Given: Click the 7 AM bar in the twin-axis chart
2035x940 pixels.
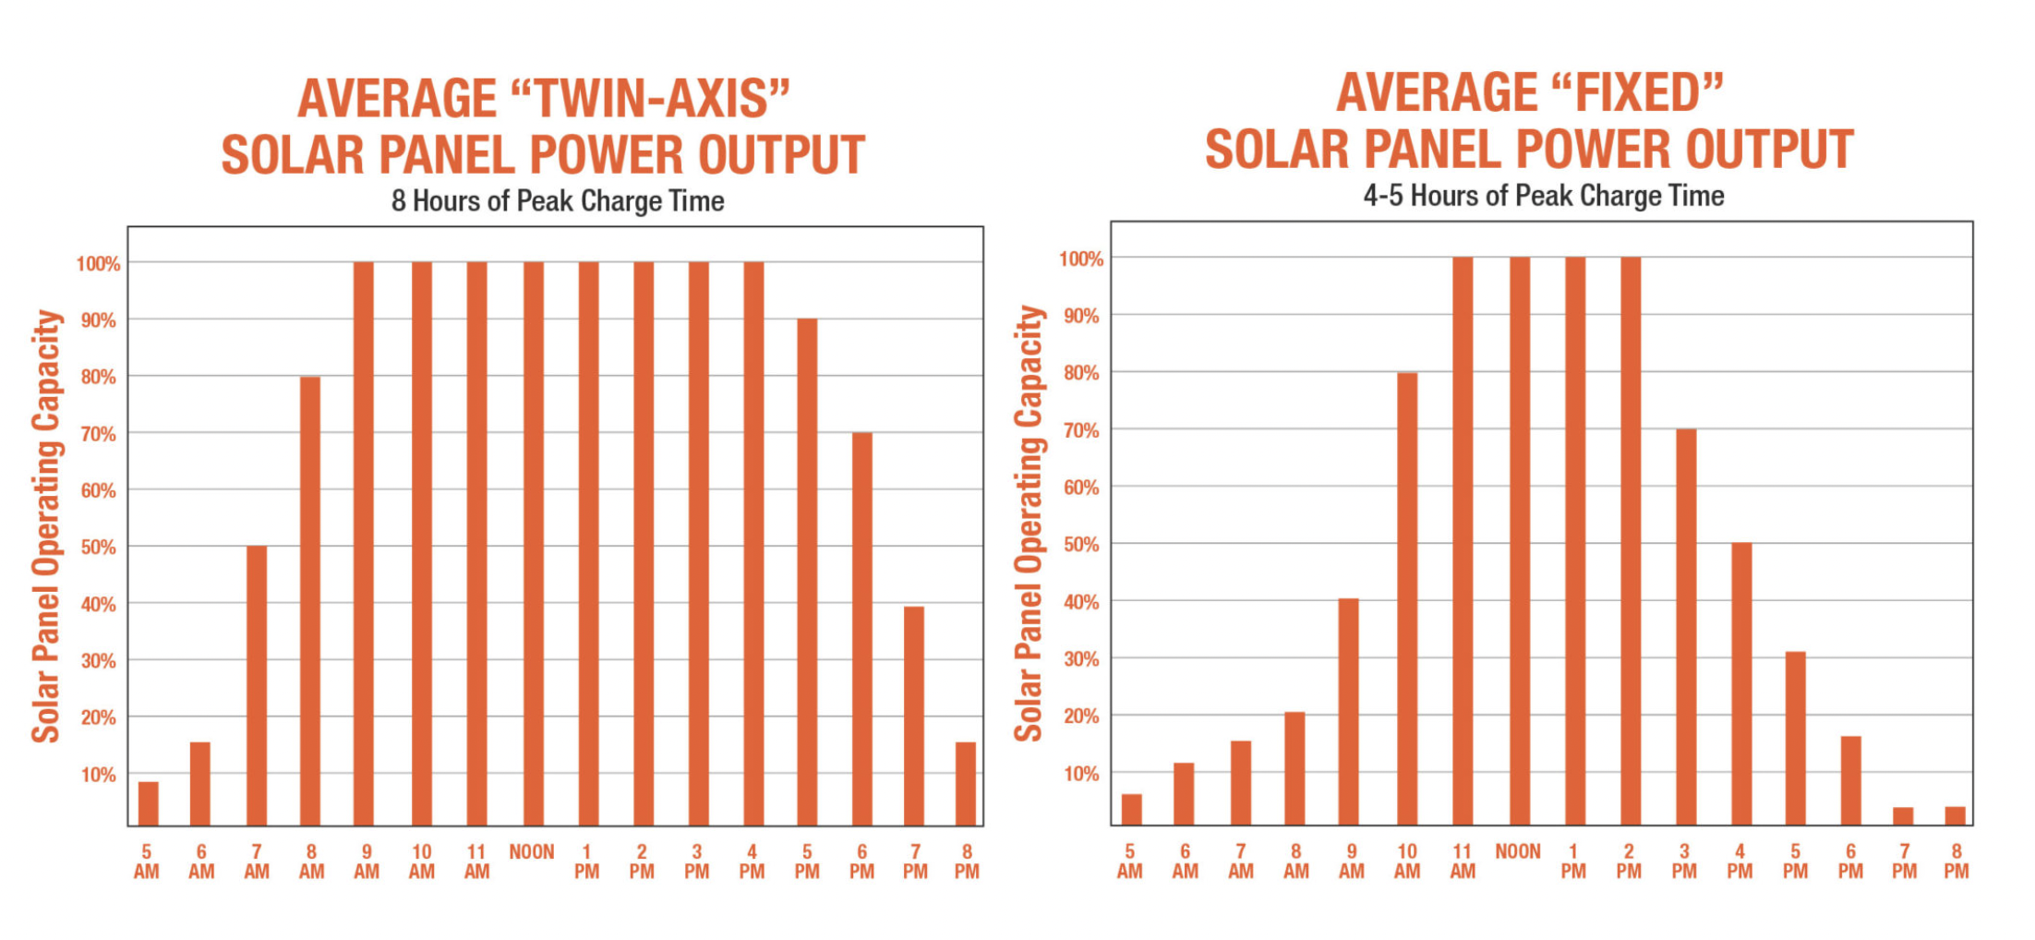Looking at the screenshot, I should (257, 685).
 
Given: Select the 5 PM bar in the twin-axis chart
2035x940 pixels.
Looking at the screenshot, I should (807, 572).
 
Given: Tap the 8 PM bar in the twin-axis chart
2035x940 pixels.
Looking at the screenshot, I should (966, 783).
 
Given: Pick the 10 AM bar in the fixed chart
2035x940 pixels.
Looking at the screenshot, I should (1407, 598).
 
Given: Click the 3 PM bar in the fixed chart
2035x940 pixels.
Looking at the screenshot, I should (1686, 627).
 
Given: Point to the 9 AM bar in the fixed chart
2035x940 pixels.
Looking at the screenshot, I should (1349, 711).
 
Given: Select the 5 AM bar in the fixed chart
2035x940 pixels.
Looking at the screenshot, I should (1131, 809).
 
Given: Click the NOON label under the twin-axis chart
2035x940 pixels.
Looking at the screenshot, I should (532, 852).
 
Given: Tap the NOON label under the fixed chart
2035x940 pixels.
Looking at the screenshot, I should (1518, 851).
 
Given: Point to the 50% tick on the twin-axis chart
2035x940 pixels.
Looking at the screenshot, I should (99, 547).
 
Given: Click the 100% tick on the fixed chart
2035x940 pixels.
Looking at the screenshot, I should (1081, 259).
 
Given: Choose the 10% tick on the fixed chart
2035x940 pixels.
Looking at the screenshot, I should (1082, 774).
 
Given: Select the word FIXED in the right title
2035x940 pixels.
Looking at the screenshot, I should (1637, 93).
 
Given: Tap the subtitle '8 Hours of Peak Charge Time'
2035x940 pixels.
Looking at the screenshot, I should (558, 201).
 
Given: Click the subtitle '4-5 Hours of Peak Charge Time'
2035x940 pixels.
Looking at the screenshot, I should (1544, 196).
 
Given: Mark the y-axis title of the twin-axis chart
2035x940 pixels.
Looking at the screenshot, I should (46, 526).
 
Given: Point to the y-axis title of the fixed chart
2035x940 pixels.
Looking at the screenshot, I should (1029, 523).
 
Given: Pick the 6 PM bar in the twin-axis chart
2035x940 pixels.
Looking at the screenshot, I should (861, 629).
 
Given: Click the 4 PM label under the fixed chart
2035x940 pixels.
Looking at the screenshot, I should (1740, 861).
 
